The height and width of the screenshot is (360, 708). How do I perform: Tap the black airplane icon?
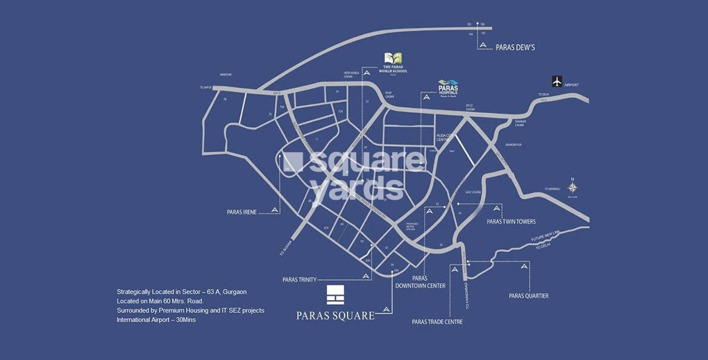[557, 81]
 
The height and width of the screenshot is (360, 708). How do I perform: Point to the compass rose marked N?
[572, 188]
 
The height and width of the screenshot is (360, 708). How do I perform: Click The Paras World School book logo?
[393, 59]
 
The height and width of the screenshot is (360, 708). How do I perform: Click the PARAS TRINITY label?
[299, 280]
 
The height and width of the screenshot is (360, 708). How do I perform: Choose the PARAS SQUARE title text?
[335, 315]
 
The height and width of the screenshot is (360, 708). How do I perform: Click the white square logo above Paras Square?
[335, 294]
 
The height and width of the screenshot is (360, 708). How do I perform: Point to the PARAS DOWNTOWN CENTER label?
[420, 282]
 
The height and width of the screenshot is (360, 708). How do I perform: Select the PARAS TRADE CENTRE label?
[437, 322]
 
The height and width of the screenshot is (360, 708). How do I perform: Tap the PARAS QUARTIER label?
[528, 296]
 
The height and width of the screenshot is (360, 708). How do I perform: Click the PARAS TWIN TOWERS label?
[511, 222]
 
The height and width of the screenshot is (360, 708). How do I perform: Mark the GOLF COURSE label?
[473, 192]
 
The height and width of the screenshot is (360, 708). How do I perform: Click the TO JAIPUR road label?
[206, 88]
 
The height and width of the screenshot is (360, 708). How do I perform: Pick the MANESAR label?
[225, 75]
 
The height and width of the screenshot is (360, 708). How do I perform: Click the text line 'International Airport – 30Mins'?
[156, 320]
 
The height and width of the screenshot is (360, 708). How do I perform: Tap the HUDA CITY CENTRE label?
[443, 137]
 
